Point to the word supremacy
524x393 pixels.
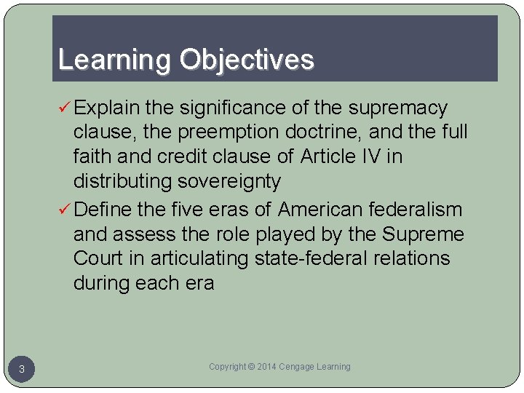pos(398,108)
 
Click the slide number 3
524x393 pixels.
pos(22,370)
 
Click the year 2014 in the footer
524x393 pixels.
pos(268,367)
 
